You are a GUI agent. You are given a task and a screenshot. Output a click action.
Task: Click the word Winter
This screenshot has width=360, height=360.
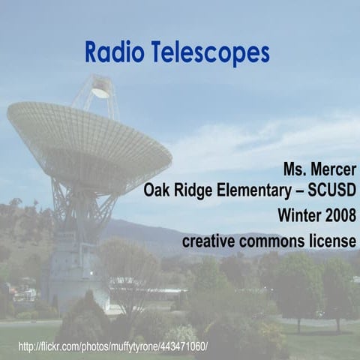pos(300,216)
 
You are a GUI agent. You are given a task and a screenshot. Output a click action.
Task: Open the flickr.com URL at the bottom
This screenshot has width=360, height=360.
pos(112,347)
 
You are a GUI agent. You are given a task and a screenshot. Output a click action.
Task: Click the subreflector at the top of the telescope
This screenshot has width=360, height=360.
pos(99,91)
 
